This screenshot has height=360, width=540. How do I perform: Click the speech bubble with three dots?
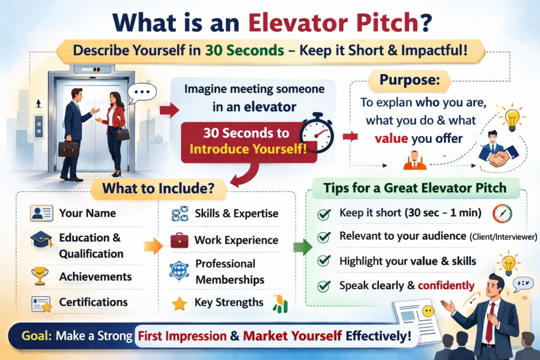(142, 93)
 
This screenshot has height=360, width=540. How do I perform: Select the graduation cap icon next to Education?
(41, 239)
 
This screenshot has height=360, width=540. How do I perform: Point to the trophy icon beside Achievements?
(40, 276)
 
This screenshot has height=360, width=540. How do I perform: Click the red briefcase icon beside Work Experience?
(179, 240)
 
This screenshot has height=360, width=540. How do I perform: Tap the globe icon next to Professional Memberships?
(179, 270)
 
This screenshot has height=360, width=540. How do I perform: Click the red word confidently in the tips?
(446, 285)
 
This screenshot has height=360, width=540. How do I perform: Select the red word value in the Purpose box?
(391, 138)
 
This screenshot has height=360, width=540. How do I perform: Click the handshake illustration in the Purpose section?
(498, 154)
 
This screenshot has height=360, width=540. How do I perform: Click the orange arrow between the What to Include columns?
(153, 246)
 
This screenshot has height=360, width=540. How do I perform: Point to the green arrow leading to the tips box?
(302, 247)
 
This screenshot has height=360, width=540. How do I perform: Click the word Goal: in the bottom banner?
(36, 336)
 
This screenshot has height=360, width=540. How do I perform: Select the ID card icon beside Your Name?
(41, 213)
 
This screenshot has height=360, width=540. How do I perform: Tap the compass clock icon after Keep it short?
(502, 213)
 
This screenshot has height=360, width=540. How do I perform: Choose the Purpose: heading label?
(409, 80)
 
